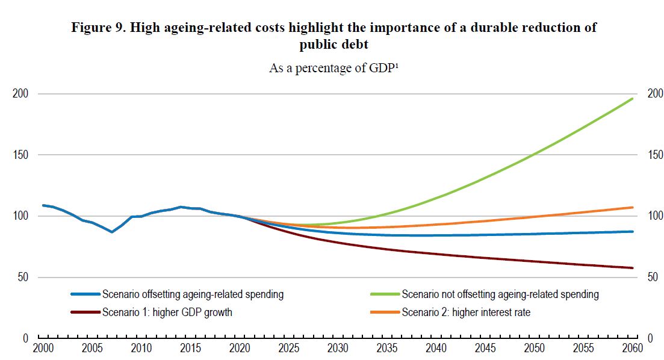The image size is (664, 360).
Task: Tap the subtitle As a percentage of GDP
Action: click(x=335, y=68)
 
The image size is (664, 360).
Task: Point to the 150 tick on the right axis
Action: click(x=655, y=155)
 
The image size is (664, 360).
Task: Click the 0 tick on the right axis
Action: click(x=650, y=338)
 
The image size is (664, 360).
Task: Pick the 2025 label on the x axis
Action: click(x=289, y=349)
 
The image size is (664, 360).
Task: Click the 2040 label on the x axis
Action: click(x=435, y=349)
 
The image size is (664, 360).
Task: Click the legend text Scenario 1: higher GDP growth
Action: click(x=167, y=312)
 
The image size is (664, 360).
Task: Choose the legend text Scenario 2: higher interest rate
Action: click(x=466, y=312)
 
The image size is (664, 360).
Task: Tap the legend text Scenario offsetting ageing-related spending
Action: click(x=193, y=294)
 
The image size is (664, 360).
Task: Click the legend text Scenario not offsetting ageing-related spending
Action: click(x=500, y=294)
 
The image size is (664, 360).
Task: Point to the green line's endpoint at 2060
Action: click(x=633, y=98)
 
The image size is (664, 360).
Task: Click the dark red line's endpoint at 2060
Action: click(x=633, y=268)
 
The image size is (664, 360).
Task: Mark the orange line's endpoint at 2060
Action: click(x=633, y=207)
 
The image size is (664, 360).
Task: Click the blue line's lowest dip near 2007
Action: click(x=112, y=232)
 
